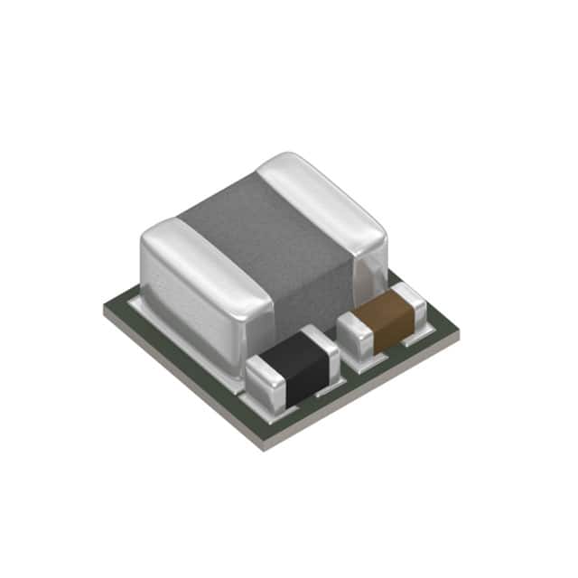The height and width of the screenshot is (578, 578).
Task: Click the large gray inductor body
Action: click(x=271, y=253)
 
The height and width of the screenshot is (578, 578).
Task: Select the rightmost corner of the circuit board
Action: click(x=459, y=332)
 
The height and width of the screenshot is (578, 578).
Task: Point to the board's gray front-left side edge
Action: click(x=181, y=379)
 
